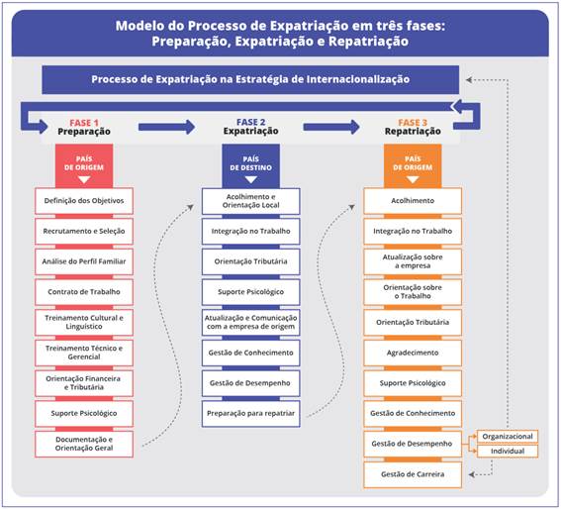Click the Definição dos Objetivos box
pos(84,201)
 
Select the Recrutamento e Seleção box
pos(84,231)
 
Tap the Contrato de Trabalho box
pos(84,292)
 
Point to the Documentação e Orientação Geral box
pos(84,443)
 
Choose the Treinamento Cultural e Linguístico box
pos(84,322)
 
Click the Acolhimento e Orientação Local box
pos(250,201)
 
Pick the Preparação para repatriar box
pos(250,413)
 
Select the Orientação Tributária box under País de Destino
pos(250,261)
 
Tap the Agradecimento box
pos(413,352)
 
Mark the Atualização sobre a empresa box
pos(413,261)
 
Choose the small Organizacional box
pos(509,436)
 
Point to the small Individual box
pos(509,452)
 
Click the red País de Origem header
pos(84,163)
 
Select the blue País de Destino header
pos(250,163)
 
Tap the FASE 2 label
pos(251,122)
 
